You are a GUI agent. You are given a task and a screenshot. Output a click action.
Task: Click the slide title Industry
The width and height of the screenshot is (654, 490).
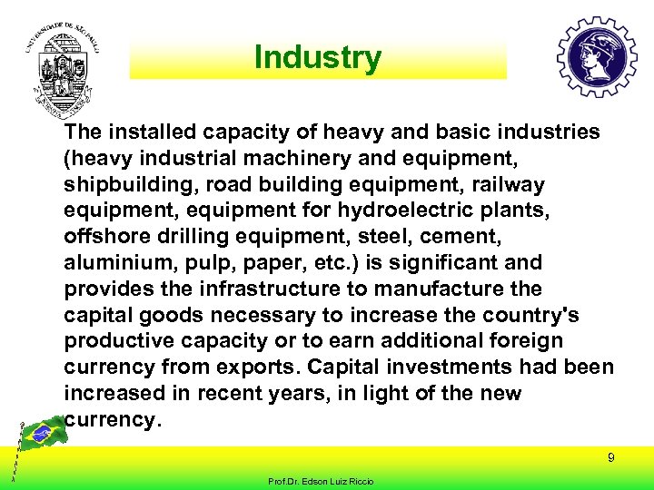pyautogui.click(x=318, y=57)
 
